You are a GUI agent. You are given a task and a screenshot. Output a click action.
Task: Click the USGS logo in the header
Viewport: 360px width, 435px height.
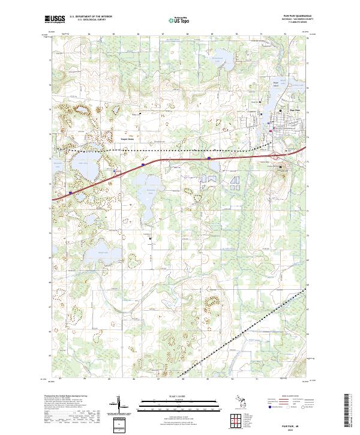pyautogui.click(x=55, y=19)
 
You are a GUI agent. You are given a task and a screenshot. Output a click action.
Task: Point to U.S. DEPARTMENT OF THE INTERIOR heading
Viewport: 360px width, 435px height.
pyautogui.click(x=91, y=17)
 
